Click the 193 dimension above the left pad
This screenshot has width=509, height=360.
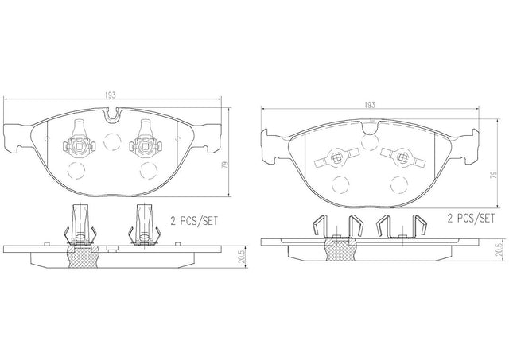pyautogui.click(x=111, y=95)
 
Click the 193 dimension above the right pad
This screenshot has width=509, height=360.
pyautogui.click(x=369, y=105)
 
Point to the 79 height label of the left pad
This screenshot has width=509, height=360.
pyautogui.click(x=224, y=165)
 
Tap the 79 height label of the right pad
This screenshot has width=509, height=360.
pyautogui.click(x=493, y=175)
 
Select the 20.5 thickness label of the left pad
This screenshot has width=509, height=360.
pyautogui.click(x=240, y=257)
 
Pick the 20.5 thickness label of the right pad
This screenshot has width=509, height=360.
pyautogui.click(x=499, y=250)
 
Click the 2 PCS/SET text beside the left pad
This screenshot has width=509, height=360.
pyautogui.click(x=194, y=221)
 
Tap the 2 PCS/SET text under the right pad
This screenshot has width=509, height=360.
pyautogui.click(x=471, y=218)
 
